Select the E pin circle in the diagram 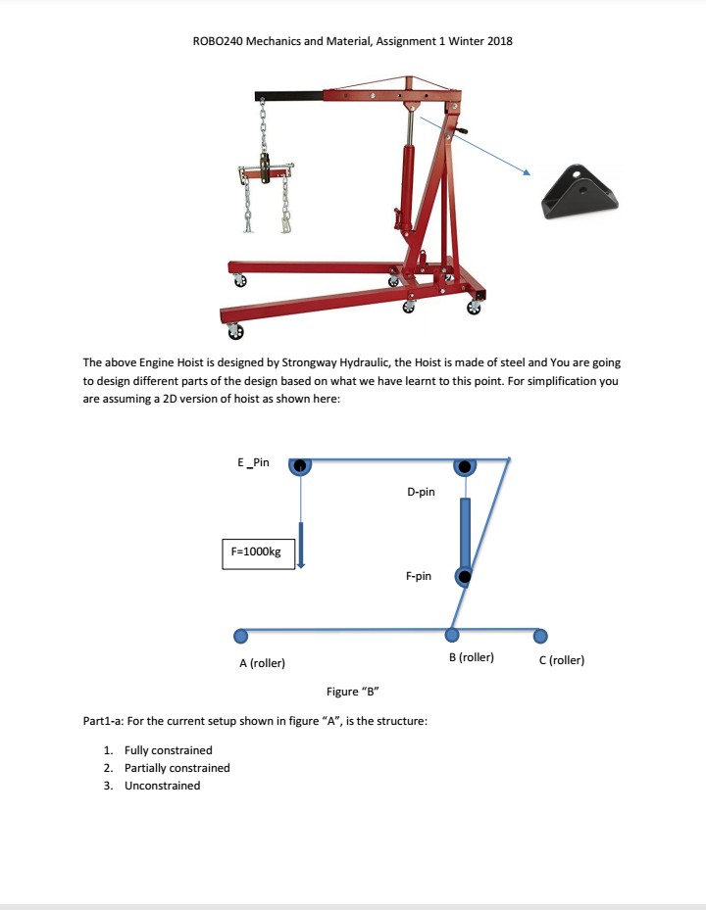(x=299, y=465)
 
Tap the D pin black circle (x=464, y=465)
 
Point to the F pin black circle (x=466, y=577)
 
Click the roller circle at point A (x=238, y=636)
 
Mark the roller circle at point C (x=545, y=636)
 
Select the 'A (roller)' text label (x=262, y=663)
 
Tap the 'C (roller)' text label (x=562, y=660)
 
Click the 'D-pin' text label (x=420, y=492)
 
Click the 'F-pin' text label (x=418, y=577)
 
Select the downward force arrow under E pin (x=302, y=545)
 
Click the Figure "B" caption (x=353, y=692)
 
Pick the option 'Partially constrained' (x=176, y=768)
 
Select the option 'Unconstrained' (x=162, y=786)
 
